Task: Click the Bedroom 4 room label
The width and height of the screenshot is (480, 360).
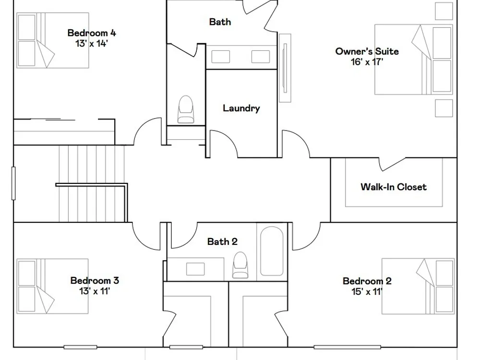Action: pos(92,33)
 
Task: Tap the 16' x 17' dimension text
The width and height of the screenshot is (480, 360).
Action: pos(367,62)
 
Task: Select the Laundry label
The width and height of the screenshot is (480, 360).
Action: pos(241,108)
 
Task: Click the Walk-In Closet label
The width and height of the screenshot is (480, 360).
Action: pos(394,187)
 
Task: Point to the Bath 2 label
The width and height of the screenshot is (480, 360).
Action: pos(222,241)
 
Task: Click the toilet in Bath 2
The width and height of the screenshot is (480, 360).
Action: pos(240,265)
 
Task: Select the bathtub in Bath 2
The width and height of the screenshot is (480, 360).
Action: pos(272,251)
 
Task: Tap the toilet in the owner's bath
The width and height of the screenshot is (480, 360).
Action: pos(185,109)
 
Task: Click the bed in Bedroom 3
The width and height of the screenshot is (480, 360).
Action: pos(53,286)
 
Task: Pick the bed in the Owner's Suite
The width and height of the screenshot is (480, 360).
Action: pos(414,60)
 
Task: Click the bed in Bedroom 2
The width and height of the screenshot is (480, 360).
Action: pos(418,286)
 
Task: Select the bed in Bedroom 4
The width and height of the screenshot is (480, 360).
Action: pos(53,40)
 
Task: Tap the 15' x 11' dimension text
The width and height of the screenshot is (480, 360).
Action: pos(367,291)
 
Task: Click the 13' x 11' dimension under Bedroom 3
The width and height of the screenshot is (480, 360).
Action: pos(95,291)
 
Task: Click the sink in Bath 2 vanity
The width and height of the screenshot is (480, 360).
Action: pos(196,269)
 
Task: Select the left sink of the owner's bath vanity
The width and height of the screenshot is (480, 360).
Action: pos(221,57)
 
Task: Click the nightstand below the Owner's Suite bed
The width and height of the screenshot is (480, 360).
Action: pos(444,108)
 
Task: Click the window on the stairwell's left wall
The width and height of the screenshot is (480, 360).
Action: pos(13,183)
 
